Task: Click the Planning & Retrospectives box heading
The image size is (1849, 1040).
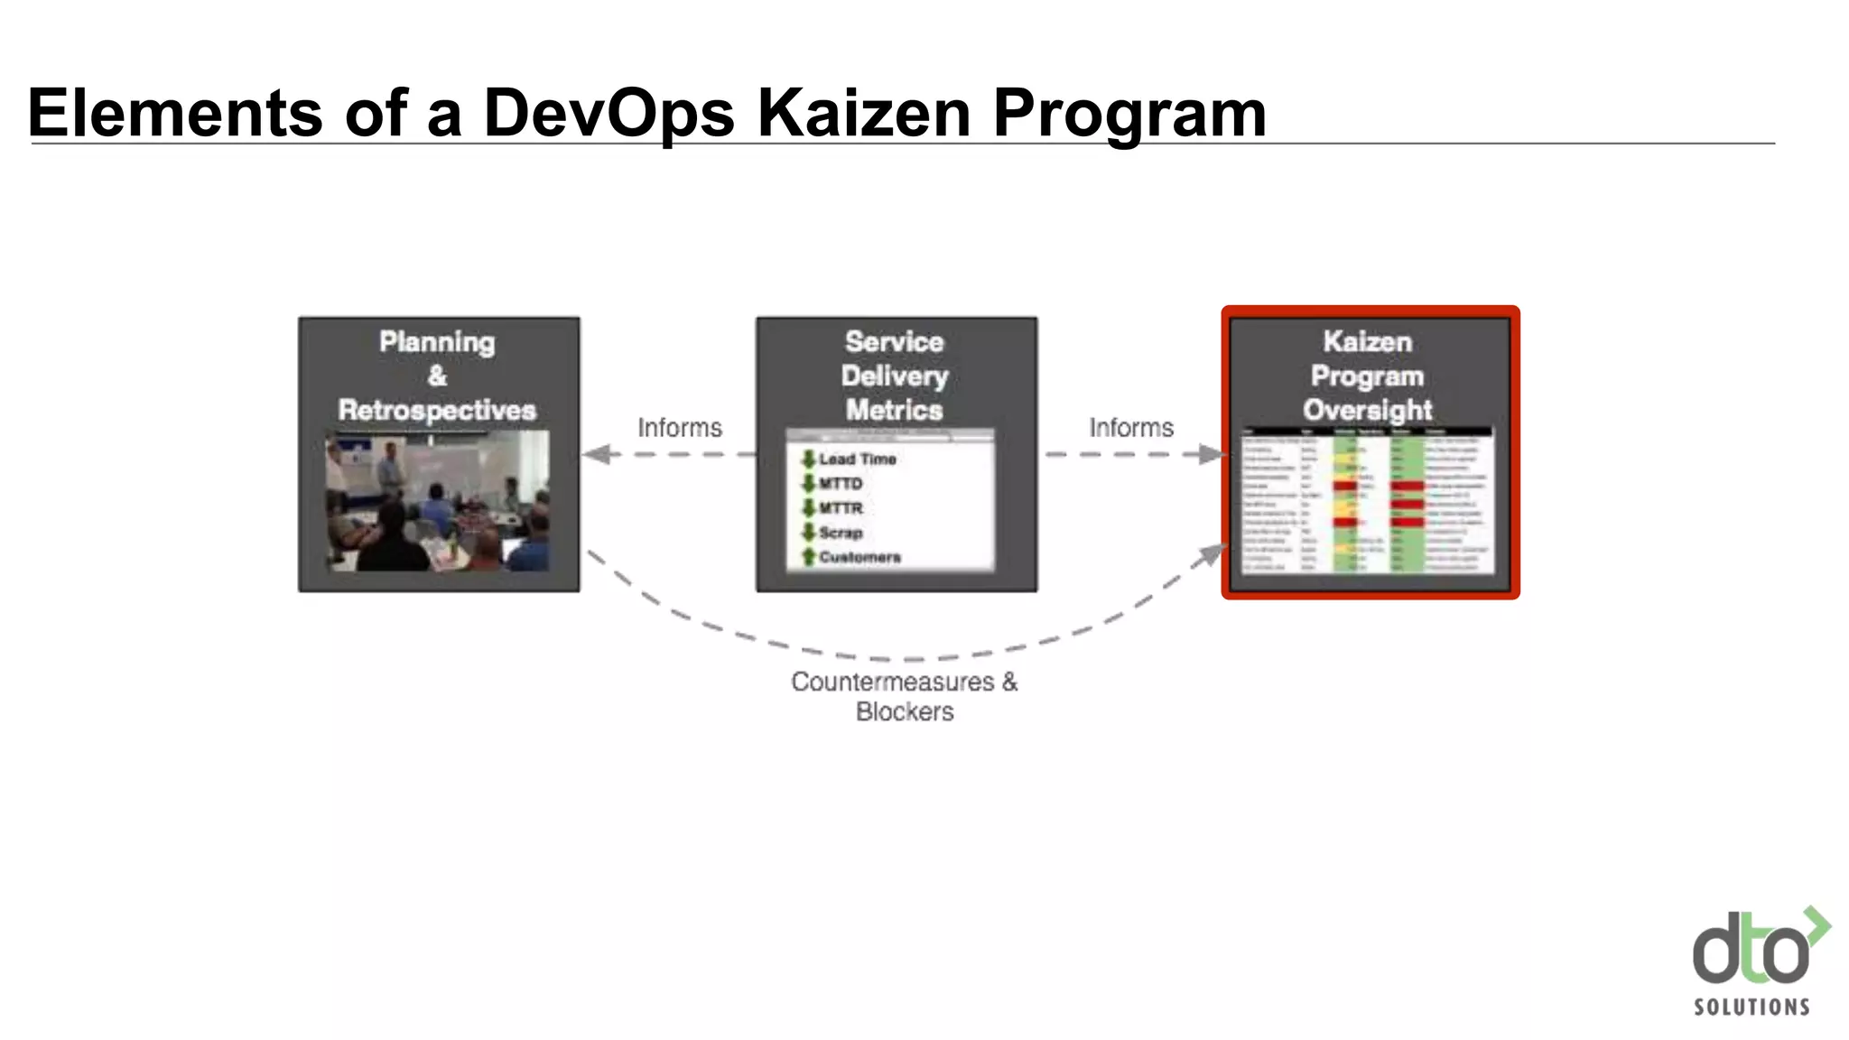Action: point(438,376)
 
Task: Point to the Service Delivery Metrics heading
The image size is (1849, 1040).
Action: point(895,376)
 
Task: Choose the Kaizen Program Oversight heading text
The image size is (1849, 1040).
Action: point(1368,376)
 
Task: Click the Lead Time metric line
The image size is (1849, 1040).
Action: point(857,460)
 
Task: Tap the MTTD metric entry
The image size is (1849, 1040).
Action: point(840,484)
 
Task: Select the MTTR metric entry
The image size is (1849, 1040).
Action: point(840,508)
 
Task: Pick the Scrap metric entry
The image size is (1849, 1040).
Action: point(840,533)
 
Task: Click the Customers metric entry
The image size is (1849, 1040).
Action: point(859,557)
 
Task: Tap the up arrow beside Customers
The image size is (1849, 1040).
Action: point(808,557)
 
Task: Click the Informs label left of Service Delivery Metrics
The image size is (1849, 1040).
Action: point(680,428)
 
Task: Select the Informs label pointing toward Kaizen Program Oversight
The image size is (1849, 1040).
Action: point(1131,428)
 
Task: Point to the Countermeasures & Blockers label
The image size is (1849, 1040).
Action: point(905,696)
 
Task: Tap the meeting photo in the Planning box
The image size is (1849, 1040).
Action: point(438,500)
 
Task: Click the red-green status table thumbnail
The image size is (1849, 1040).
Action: point(1368,500)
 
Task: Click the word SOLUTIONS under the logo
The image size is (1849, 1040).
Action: point(1751,1007)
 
